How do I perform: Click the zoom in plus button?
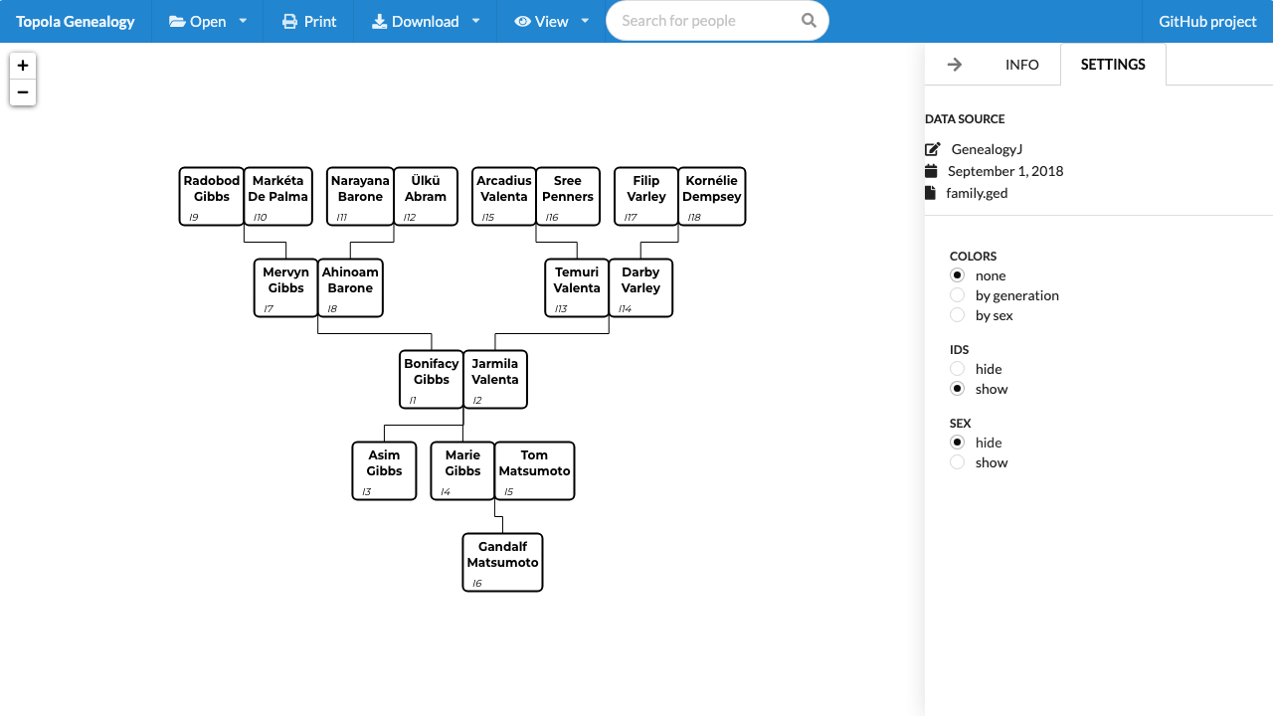[23, 66]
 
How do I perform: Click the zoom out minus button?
[23, 92]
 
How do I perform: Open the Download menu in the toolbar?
[425, 21]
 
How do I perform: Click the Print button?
[309, 21]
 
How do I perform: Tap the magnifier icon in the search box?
[809, 21]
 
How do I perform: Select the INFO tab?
[1021, 65]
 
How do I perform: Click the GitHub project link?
[1207, 21]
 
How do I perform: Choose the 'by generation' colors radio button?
[957, 295]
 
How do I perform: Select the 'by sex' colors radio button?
[957, 315]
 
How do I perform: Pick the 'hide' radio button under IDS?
[957, 369]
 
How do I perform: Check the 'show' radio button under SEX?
[957, 462]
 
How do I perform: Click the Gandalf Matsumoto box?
[502, 562]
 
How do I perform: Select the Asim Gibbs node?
[384, 470]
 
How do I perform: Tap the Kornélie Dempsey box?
[711, 196]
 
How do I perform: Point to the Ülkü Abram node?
[425, 196]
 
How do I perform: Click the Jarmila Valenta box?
[495, 379]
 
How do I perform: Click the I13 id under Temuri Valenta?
[561, 308]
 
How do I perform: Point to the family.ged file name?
[977, 193]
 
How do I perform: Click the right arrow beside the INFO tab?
[955, 65]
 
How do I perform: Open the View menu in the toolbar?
[551, 21]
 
